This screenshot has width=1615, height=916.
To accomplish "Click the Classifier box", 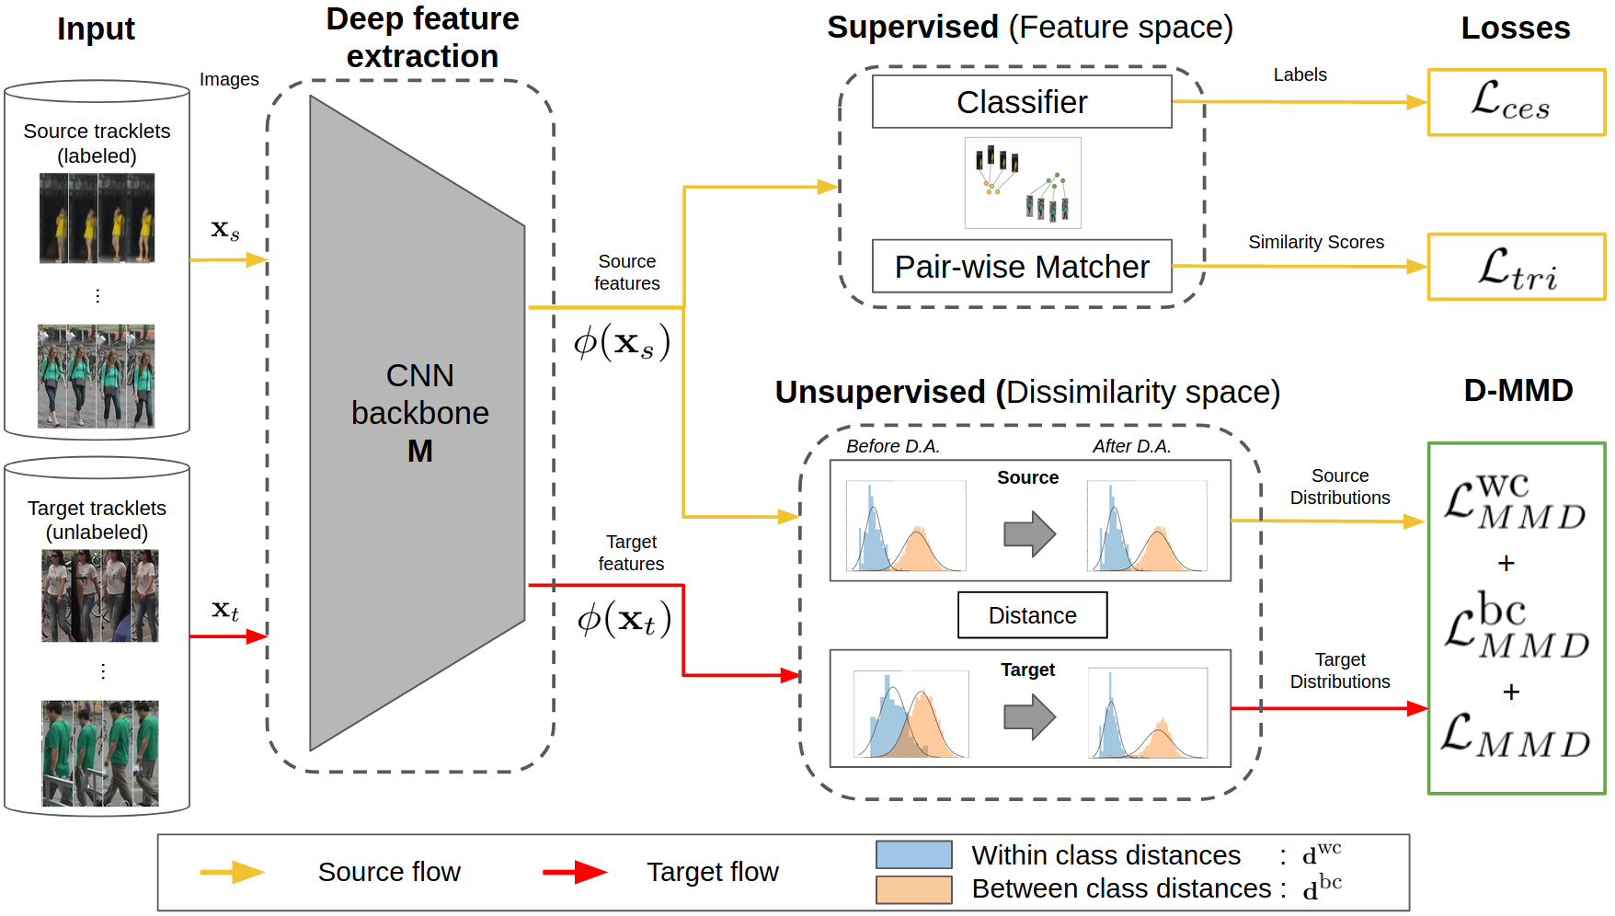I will coord(1022,102).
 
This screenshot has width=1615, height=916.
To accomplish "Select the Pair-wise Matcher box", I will coord(1022,267).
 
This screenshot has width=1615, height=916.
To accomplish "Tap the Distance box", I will coord(1032,615).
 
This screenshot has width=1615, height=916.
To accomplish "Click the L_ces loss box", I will coord(1516,102).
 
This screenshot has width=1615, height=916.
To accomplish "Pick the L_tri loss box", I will coord(1516,267).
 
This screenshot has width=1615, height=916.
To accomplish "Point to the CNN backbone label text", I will coord(420,413).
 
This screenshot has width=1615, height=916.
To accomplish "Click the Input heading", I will coord(96,29).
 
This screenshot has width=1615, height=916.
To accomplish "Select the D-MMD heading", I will coord(1518,390).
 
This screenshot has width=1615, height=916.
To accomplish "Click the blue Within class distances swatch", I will coord(913,854).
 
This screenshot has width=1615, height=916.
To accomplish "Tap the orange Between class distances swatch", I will coord(913,889).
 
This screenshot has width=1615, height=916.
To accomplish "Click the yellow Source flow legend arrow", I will coord(233,872).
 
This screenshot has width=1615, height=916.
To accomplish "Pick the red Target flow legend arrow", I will coord(575,872).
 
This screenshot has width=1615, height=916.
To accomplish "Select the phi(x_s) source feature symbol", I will coord(622,342).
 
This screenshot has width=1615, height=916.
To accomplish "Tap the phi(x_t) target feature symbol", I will coord(624,619).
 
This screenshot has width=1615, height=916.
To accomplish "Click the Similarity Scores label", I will coord(1315,242).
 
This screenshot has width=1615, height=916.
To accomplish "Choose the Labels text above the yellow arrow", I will coord(1300,74).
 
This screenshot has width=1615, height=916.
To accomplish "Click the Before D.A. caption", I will coord(892,446).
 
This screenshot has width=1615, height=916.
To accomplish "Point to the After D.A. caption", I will coord(1131,446).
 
